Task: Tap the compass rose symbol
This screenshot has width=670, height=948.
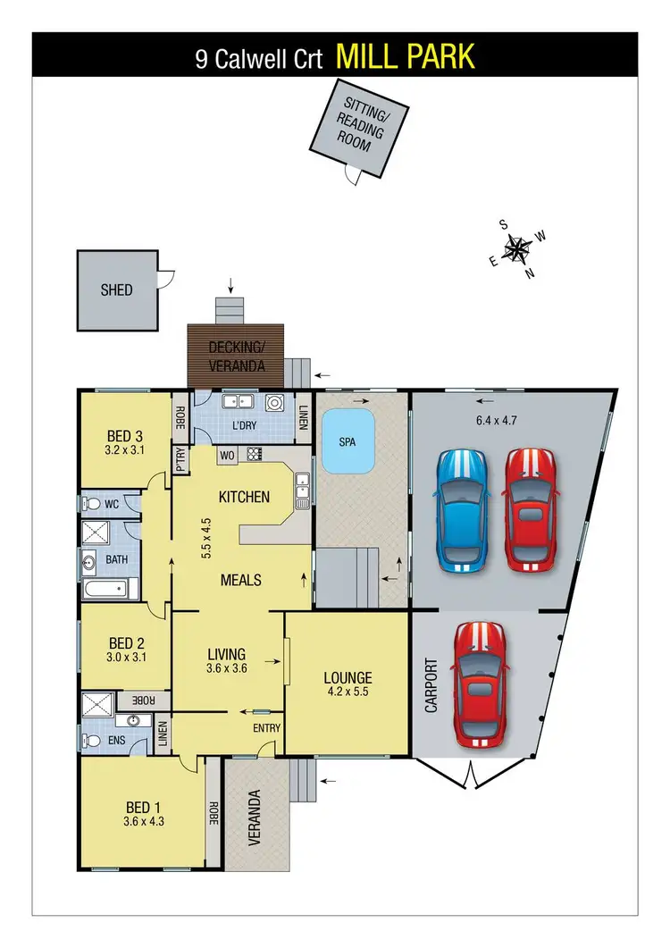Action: (x=516, y=249)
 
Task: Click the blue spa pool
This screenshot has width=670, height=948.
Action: (x=348, y=442)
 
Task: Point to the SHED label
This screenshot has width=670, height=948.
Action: (x=116, y=289)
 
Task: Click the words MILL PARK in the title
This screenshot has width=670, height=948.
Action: (x=405, y=58)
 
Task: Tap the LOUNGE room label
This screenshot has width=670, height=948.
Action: (x=348, y=677)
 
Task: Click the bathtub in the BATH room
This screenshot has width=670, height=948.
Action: (x=105, y=589)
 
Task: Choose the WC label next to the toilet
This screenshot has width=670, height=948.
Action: (x=112, y=504)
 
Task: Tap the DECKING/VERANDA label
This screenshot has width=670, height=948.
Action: (x=236, y=357)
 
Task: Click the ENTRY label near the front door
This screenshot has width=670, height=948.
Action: (x=266, y=727)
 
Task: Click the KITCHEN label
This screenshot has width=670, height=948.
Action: (x=244, y=496)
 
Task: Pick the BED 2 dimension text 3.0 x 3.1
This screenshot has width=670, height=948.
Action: (x=126, y=658)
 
